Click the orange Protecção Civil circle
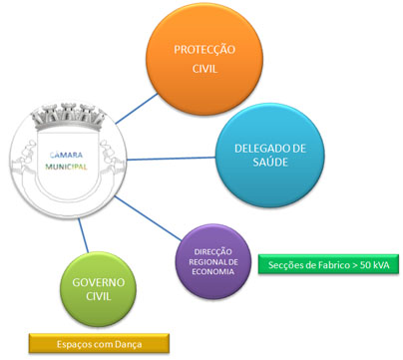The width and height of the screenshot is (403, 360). click(204, 59)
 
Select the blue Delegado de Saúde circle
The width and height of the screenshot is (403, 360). click(270, 156)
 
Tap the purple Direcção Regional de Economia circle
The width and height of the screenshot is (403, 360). click(213, 261)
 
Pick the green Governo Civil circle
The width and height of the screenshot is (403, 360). click(98, 289)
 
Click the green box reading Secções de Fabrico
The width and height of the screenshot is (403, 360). click(328, 264)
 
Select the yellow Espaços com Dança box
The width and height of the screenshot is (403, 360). click(99, 343)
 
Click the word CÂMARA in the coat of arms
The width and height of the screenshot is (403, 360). click(66, 155)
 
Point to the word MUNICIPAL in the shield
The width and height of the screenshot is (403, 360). click(66, 167)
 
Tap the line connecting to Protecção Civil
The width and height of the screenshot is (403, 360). click(137, 109)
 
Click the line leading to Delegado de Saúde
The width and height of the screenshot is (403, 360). click(172, 159)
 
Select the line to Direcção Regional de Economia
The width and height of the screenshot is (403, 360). click(148, 218)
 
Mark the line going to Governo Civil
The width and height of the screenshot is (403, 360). click(83, 235)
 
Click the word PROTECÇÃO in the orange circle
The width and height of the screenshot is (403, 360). click(204, 50)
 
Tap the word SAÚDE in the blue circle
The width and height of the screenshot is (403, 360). click(270, 163)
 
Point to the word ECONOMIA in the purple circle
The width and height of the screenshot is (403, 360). click(213, 271)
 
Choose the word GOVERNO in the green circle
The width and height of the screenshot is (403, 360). click(99, 282)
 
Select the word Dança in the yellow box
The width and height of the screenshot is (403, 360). click(129, 344)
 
